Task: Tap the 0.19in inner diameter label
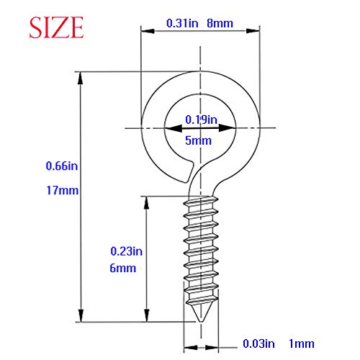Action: [201, 119]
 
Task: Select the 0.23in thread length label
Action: [125, 251]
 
